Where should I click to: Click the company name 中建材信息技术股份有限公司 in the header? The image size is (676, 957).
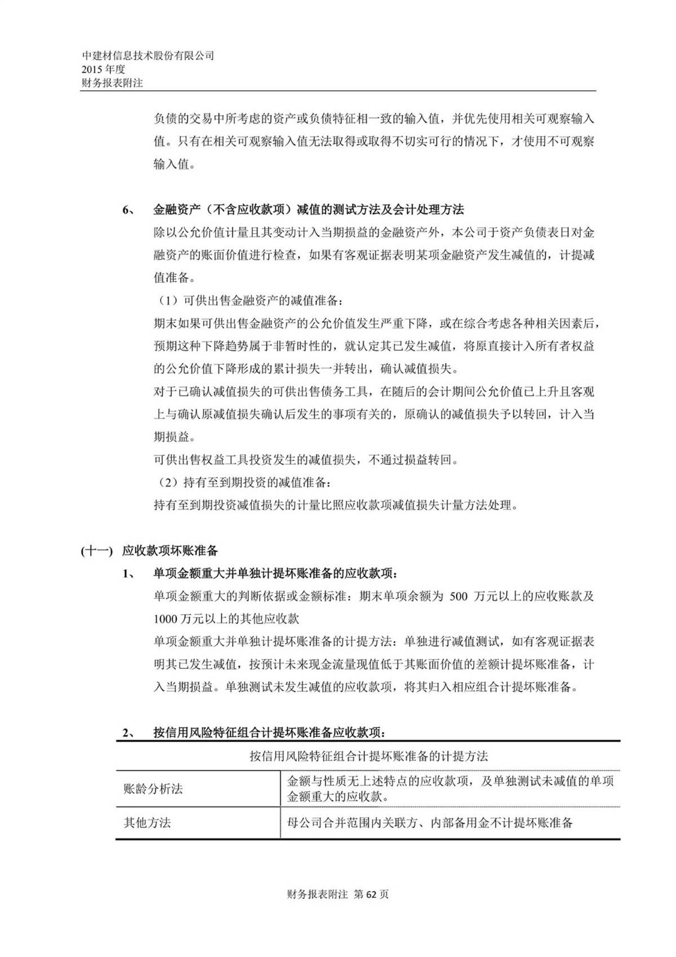(148, 56)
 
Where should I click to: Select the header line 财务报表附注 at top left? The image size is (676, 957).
(112, 82)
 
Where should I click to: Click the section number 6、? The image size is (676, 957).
(128, 210)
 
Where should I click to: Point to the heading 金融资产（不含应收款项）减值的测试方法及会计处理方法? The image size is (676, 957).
(309, 210)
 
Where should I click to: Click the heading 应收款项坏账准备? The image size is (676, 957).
(170, 551)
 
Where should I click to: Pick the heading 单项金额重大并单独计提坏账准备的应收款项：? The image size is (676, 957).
(275, 574)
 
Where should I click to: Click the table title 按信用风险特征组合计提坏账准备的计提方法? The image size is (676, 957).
(368, 756)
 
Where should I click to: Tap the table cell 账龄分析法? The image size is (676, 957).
(153, 789)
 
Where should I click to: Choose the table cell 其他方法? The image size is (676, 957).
(147, 823)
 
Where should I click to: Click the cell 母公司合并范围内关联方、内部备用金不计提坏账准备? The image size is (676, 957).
(430, 823)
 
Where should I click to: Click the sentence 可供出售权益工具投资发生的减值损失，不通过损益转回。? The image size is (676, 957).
(306, 460)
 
